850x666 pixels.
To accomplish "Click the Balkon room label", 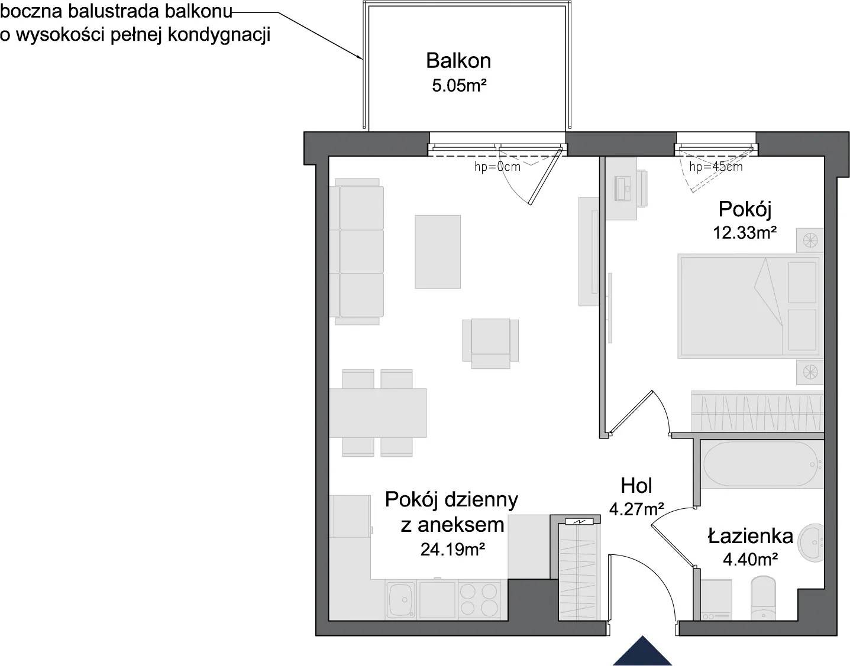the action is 458,60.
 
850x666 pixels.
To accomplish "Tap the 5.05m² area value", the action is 459,86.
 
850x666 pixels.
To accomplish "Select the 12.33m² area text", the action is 744,233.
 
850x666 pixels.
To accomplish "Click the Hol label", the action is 636,486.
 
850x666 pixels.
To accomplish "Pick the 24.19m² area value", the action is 453,550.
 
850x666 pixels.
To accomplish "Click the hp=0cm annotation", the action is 497,167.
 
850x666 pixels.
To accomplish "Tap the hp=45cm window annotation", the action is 716,167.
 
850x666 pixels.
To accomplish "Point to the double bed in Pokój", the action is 750,306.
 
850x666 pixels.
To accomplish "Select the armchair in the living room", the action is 490,343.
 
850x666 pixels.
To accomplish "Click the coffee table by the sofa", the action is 438,252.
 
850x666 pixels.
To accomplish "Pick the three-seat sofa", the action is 357,252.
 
